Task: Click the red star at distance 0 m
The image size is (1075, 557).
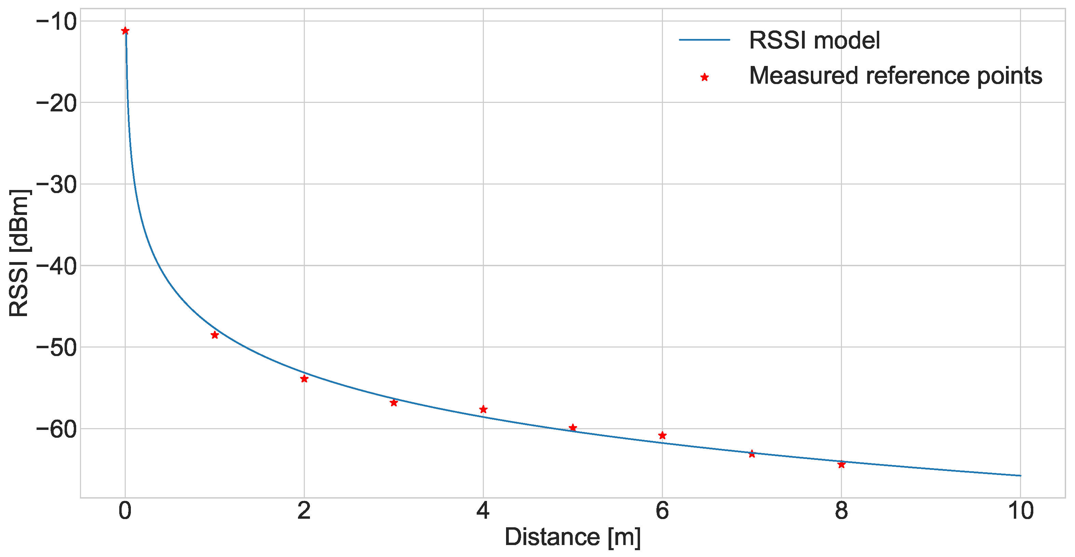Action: click(x=125, y=31)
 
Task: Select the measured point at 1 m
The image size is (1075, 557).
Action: click(x=215, y=335)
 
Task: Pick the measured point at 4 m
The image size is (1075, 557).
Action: click(x=483, y=409)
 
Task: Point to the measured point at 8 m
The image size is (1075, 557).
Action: click(x=841, y=464)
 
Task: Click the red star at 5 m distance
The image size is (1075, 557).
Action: click(x=573, y=427)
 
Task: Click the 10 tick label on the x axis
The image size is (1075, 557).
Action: click(x=1021, y=511)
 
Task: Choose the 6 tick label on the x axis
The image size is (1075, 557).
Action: click(x=662, y=511)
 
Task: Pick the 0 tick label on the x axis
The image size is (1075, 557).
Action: click(x=125, y=511)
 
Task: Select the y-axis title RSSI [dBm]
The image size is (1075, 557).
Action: click(x=19, y=253)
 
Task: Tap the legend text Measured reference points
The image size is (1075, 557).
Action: click(x=896, y=76)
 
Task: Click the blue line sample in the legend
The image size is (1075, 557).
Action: click(x=705, y=40)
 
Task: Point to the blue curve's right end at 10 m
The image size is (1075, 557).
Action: click(x=1020, y=476)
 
